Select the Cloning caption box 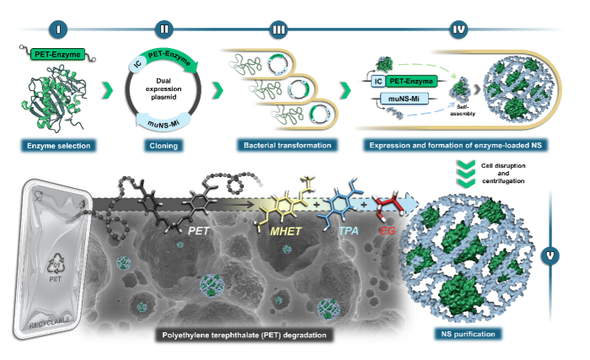point(166,145)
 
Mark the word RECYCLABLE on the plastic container point(57,320)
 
